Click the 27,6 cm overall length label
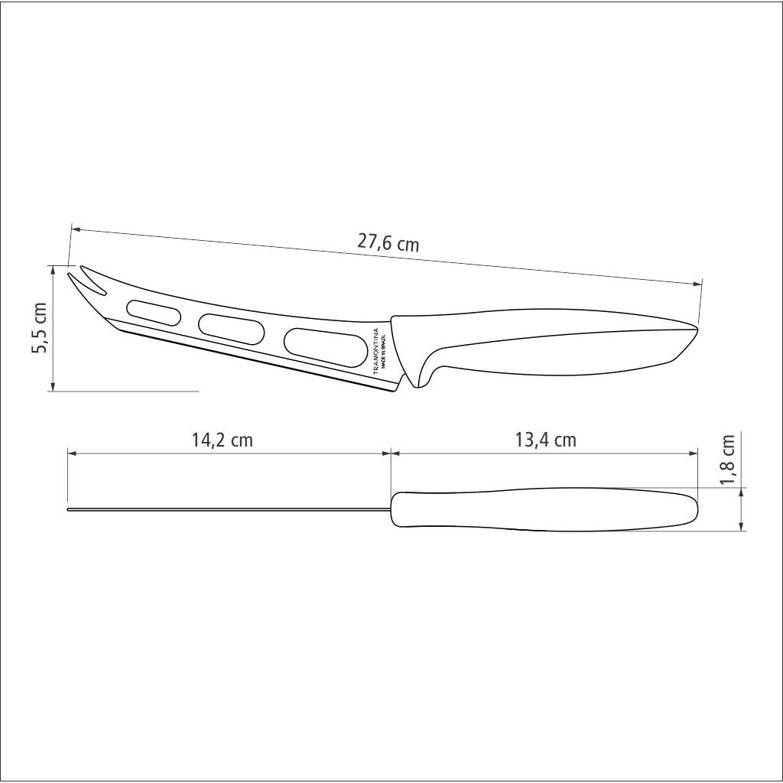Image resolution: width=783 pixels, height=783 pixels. (x=388, y=242)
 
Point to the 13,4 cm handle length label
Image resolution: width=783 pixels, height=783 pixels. (x=545, y=440)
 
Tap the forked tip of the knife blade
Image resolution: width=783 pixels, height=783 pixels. (x=82, y=279)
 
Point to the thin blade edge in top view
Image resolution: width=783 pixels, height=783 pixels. (x=229, y=509)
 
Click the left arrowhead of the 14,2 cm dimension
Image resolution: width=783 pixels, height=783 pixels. (x=71, y=453)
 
